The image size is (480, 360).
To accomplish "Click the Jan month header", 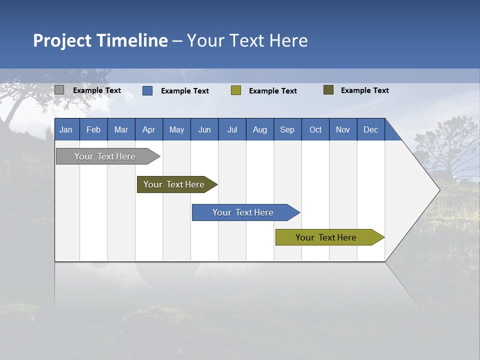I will click(66, 129).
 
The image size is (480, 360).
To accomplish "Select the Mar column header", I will click(121, 129).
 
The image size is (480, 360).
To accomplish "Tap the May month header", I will click(176, 129).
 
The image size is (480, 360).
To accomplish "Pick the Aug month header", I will click(259, 129).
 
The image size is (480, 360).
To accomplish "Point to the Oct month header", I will click(315, 129).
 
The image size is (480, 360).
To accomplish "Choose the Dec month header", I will click(370, 129).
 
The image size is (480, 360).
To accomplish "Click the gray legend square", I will click(59, 90).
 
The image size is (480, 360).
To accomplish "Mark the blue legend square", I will click(147, 90).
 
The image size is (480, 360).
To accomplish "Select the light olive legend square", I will click(236, 90).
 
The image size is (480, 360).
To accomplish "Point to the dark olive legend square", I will click(328, 90).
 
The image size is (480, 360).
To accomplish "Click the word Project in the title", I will click(62, 40).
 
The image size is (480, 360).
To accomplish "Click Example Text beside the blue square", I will click(185, 91).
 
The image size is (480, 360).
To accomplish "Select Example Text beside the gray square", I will click(97, 90).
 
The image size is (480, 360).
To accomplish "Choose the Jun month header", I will click(204, 129).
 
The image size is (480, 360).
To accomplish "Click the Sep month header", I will click(287, 129).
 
